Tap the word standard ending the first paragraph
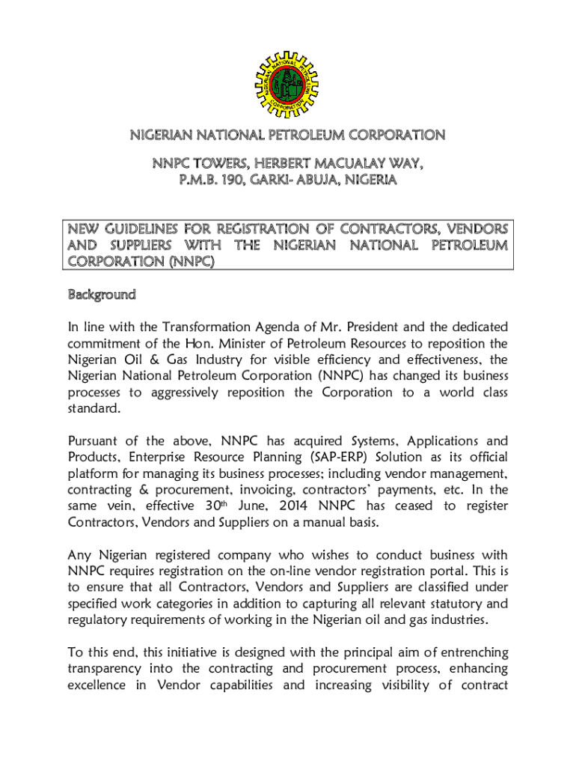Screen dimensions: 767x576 tap(93, 409)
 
